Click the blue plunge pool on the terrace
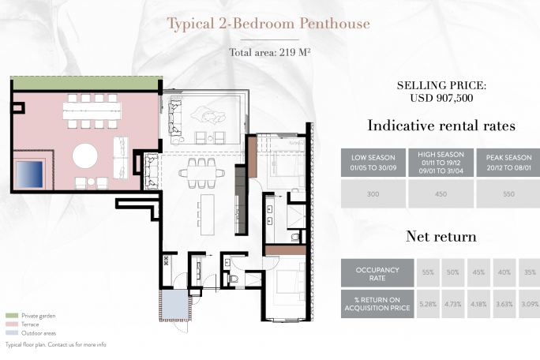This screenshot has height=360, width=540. (29, 174)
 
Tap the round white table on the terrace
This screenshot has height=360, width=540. (85, 156)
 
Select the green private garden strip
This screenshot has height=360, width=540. (86, 84)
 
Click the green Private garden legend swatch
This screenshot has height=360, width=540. (12, 316)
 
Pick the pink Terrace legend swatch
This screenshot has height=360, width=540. (12, 324)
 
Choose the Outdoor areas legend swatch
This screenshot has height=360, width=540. (12, 333)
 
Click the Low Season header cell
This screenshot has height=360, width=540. (373, 163)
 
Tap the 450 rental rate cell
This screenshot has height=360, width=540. (441, 194)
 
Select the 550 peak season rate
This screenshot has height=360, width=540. (508, 194)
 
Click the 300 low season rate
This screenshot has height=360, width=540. (373, 194)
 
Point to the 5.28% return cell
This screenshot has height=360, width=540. (428, 304)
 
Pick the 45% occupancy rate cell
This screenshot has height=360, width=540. (478, 272)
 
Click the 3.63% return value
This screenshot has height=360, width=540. (504, 304)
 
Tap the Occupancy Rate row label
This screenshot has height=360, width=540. (377, 273)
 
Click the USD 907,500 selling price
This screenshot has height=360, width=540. (441, 98)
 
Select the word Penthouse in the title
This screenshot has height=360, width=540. (335, 24)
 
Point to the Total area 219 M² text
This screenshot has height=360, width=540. (270, 52)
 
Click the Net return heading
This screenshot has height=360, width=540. (441, 236)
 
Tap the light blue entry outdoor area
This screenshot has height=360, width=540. (175, 305)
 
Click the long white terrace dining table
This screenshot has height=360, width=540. (92, 111)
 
